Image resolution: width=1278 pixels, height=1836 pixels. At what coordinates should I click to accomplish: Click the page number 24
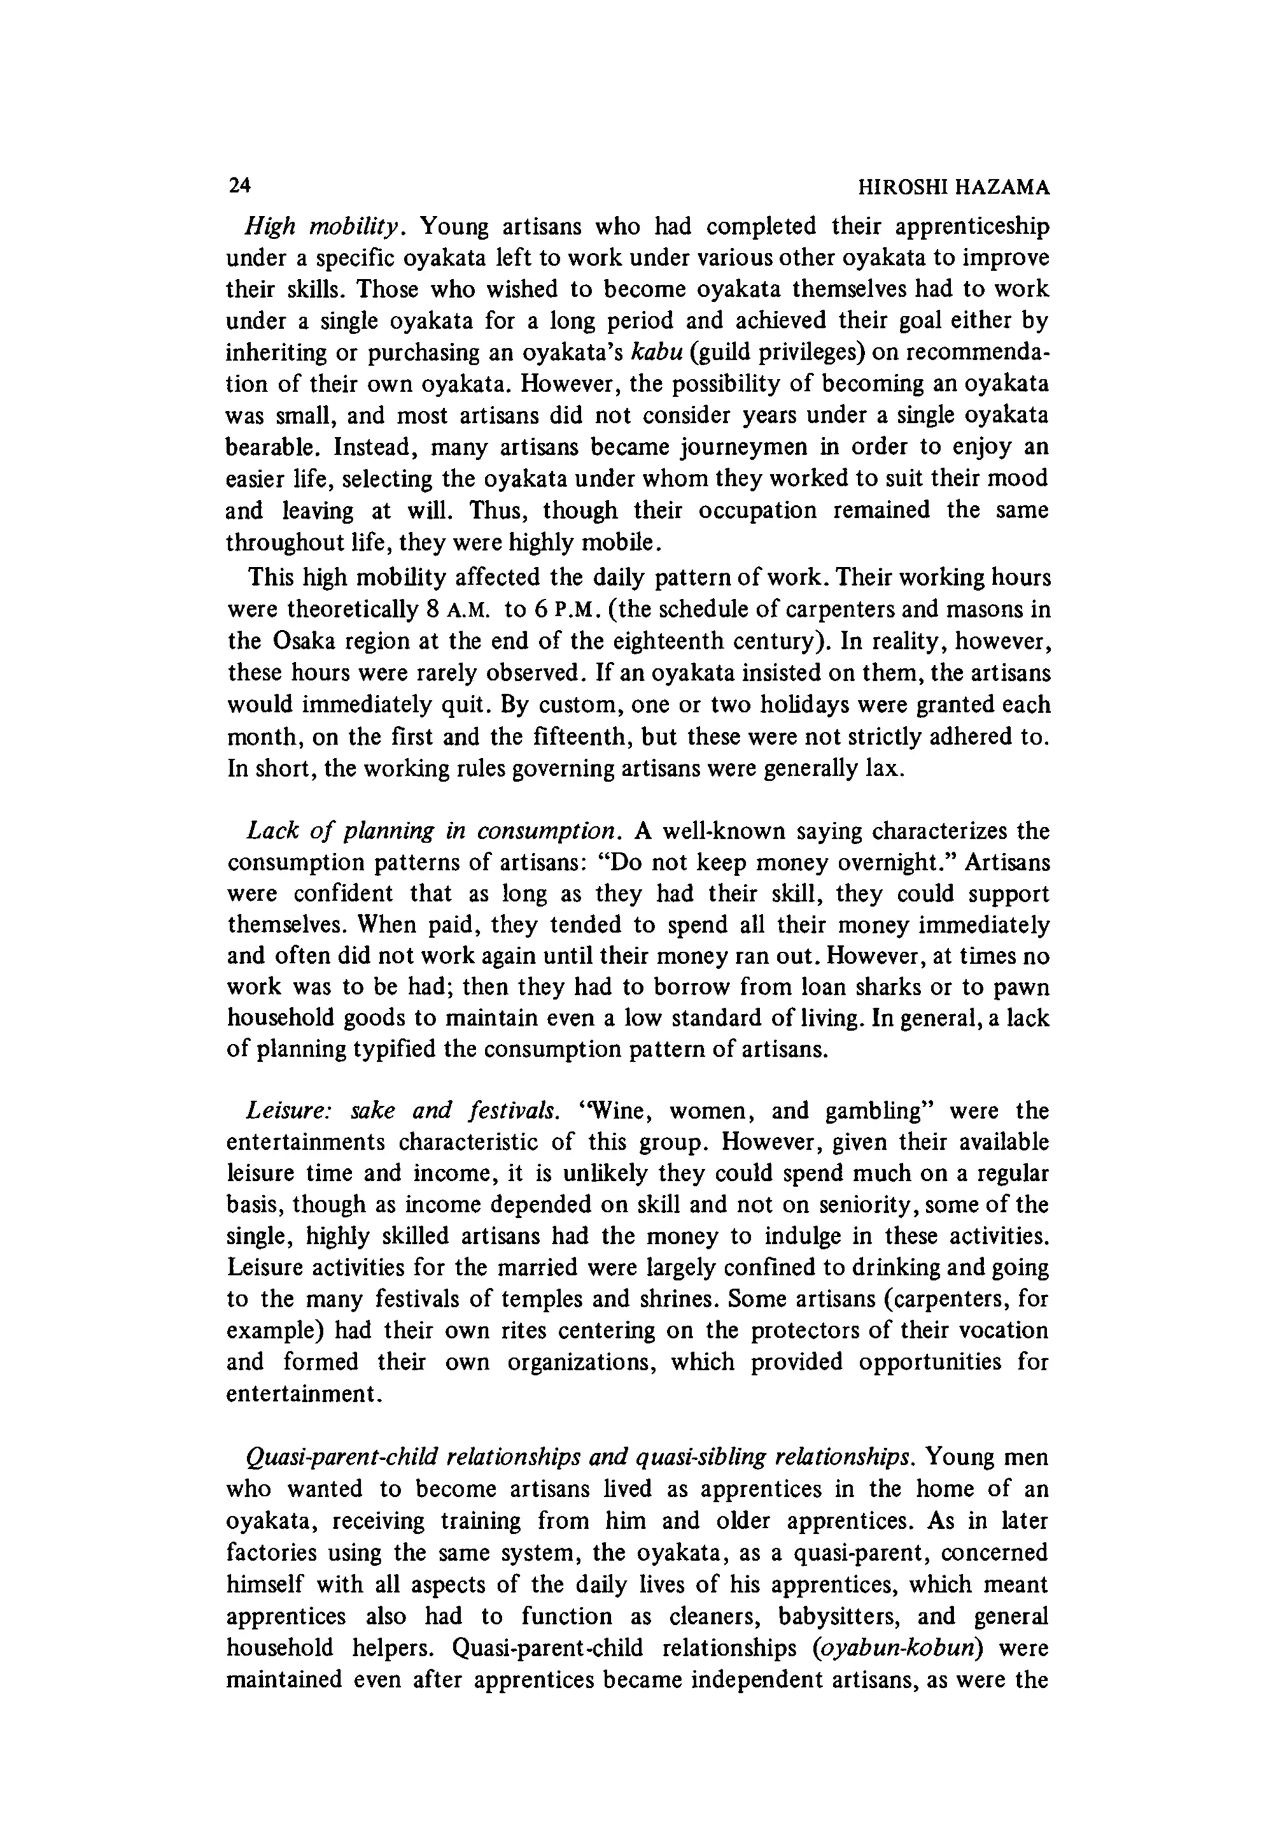[x=240, y=185]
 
